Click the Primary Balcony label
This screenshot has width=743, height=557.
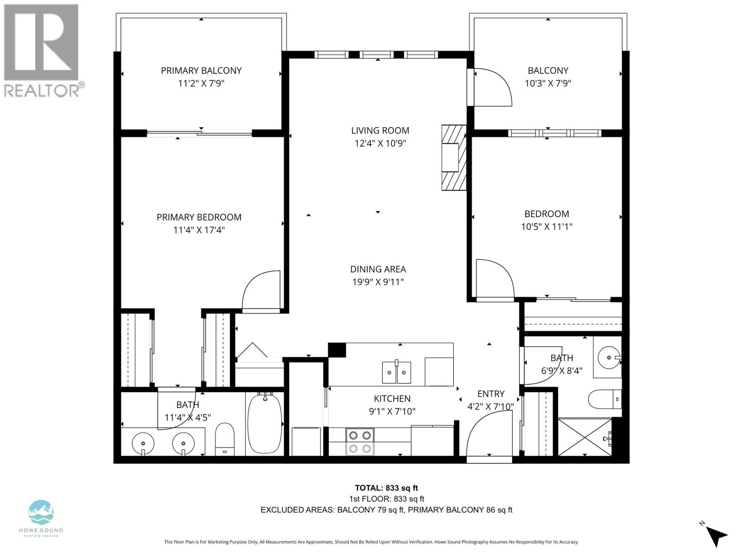coord(201,71)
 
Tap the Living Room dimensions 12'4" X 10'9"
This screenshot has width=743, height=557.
coord(380,143)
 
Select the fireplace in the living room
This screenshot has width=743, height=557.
coord(452,158)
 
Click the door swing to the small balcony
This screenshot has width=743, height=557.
coord(491,87)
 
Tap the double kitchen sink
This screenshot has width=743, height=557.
coord(397,372)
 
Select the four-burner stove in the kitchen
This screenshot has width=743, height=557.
coord(360,442)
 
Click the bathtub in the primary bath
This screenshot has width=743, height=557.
coord(265,423)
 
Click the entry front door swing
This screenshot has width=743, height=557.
coord(488,436)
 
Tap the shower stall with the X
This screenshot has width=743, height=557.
coord(585,437)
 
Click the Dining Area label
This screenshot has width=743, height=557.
coord(378,269)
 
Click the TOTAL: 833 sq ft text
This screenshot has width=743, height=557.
coord(386,488)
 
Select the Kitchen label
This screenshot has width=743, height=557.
coord(392,399)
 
